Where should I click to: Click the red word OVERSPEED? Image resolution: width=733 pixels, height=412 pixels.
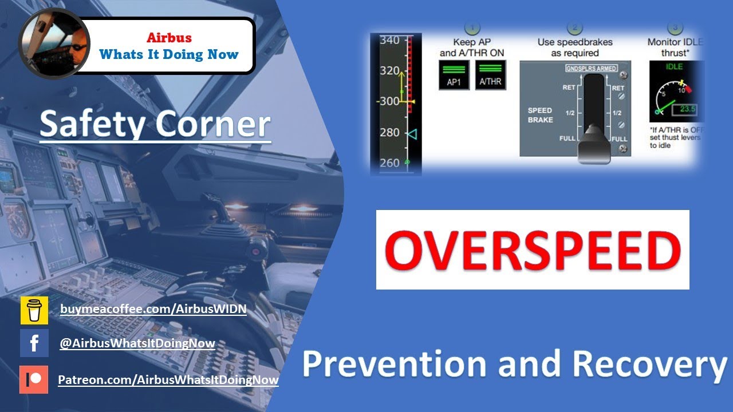pyautogui.click(x=533, y=250)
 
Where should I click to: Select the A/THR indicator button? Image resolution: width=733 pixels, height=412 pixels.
pyautogui.click(x=490, y=75)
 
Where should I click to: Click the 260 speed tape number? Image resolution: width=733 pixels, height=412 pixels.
pyautogui.click(x=389, y=163)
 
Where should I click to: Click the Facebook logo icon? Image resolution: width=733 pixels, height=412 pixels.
pyautogui.click(x=34, y=343)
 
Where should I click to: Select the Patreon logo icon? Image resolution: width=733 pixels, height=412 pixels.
pyautogui.click(x=34, y=379)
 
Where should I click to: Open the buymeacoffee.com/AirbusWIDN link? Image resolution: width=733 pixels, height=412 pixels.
pyautogui.click(x=153, y=309)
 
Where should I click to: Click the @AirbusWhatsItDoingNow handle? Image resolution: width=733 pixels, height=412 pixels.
pyautogui.click(x=137, y=343)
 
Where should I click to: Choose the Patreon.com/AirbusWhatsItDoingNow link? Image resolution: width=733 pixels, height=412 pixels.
pyautogui.click(x=168, y=379)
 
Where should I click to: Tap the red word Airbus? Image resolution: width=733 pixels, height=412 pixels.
pyautogui.click(x=169, y=38)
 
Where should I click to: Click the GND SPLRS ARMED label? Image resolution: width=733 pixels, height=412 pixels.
pyautogui.click(x=591, y=69)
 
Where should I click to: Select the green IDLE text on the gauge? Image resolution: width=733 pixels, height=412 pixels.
pyautogui.click(x=674, y=67)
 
